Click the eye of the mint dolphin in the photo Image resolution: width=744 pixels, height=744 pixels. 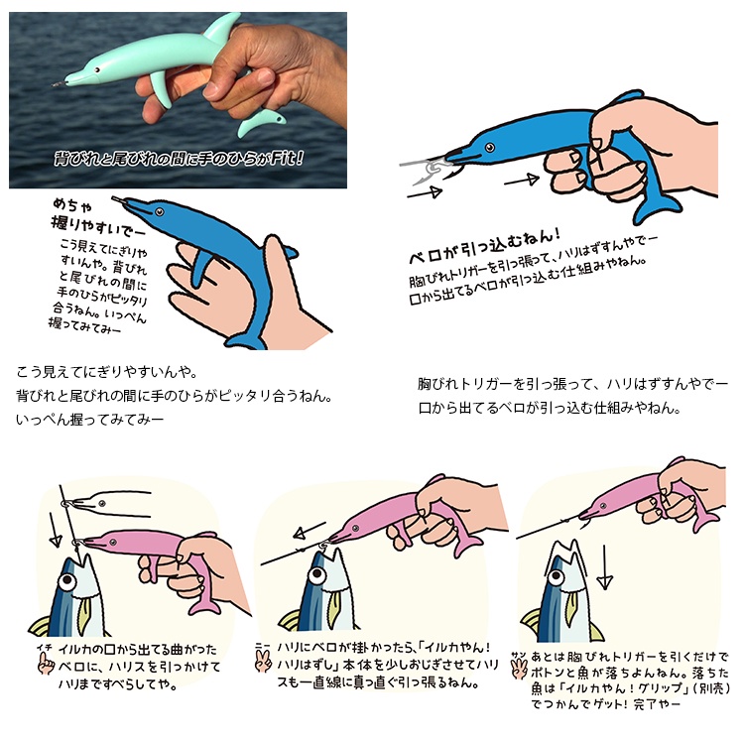coord(97,69)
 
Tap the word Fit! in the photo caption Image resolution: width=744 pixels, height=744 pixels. coord(287,158)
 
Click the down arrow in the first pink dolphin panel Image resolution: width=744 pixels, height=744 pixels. coord(54,530)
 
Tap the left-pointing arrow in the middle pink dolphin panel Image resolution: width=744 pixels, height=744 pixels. coord(310,531)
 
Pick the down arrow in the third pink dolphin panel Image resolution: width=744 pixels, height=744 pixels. coord(604,567)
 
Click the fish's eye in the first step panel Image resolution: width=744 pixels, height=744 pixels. coord(67,580)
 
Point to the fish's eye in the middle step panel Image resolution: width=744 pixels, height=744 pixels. coord(317,575)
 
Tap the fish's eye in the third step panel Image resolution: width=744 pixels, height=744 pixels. coord(557,577)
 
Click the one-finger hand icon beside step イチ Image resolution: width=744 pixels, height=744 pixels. coord(46,663)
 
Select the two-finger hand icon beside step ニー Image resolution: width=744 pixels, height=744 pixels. coord(263,660)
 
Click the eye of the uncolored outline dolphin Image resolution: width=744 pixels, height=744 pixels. coord(102,503)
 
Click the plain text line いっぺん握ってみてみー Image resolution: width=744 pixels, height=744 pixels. coord(89,420)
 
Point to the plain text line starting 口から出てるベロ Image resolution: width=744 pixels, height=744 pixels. coord(550,408)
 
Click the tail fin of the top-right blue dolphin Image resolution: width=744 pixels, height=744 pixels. coord(657,207)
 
